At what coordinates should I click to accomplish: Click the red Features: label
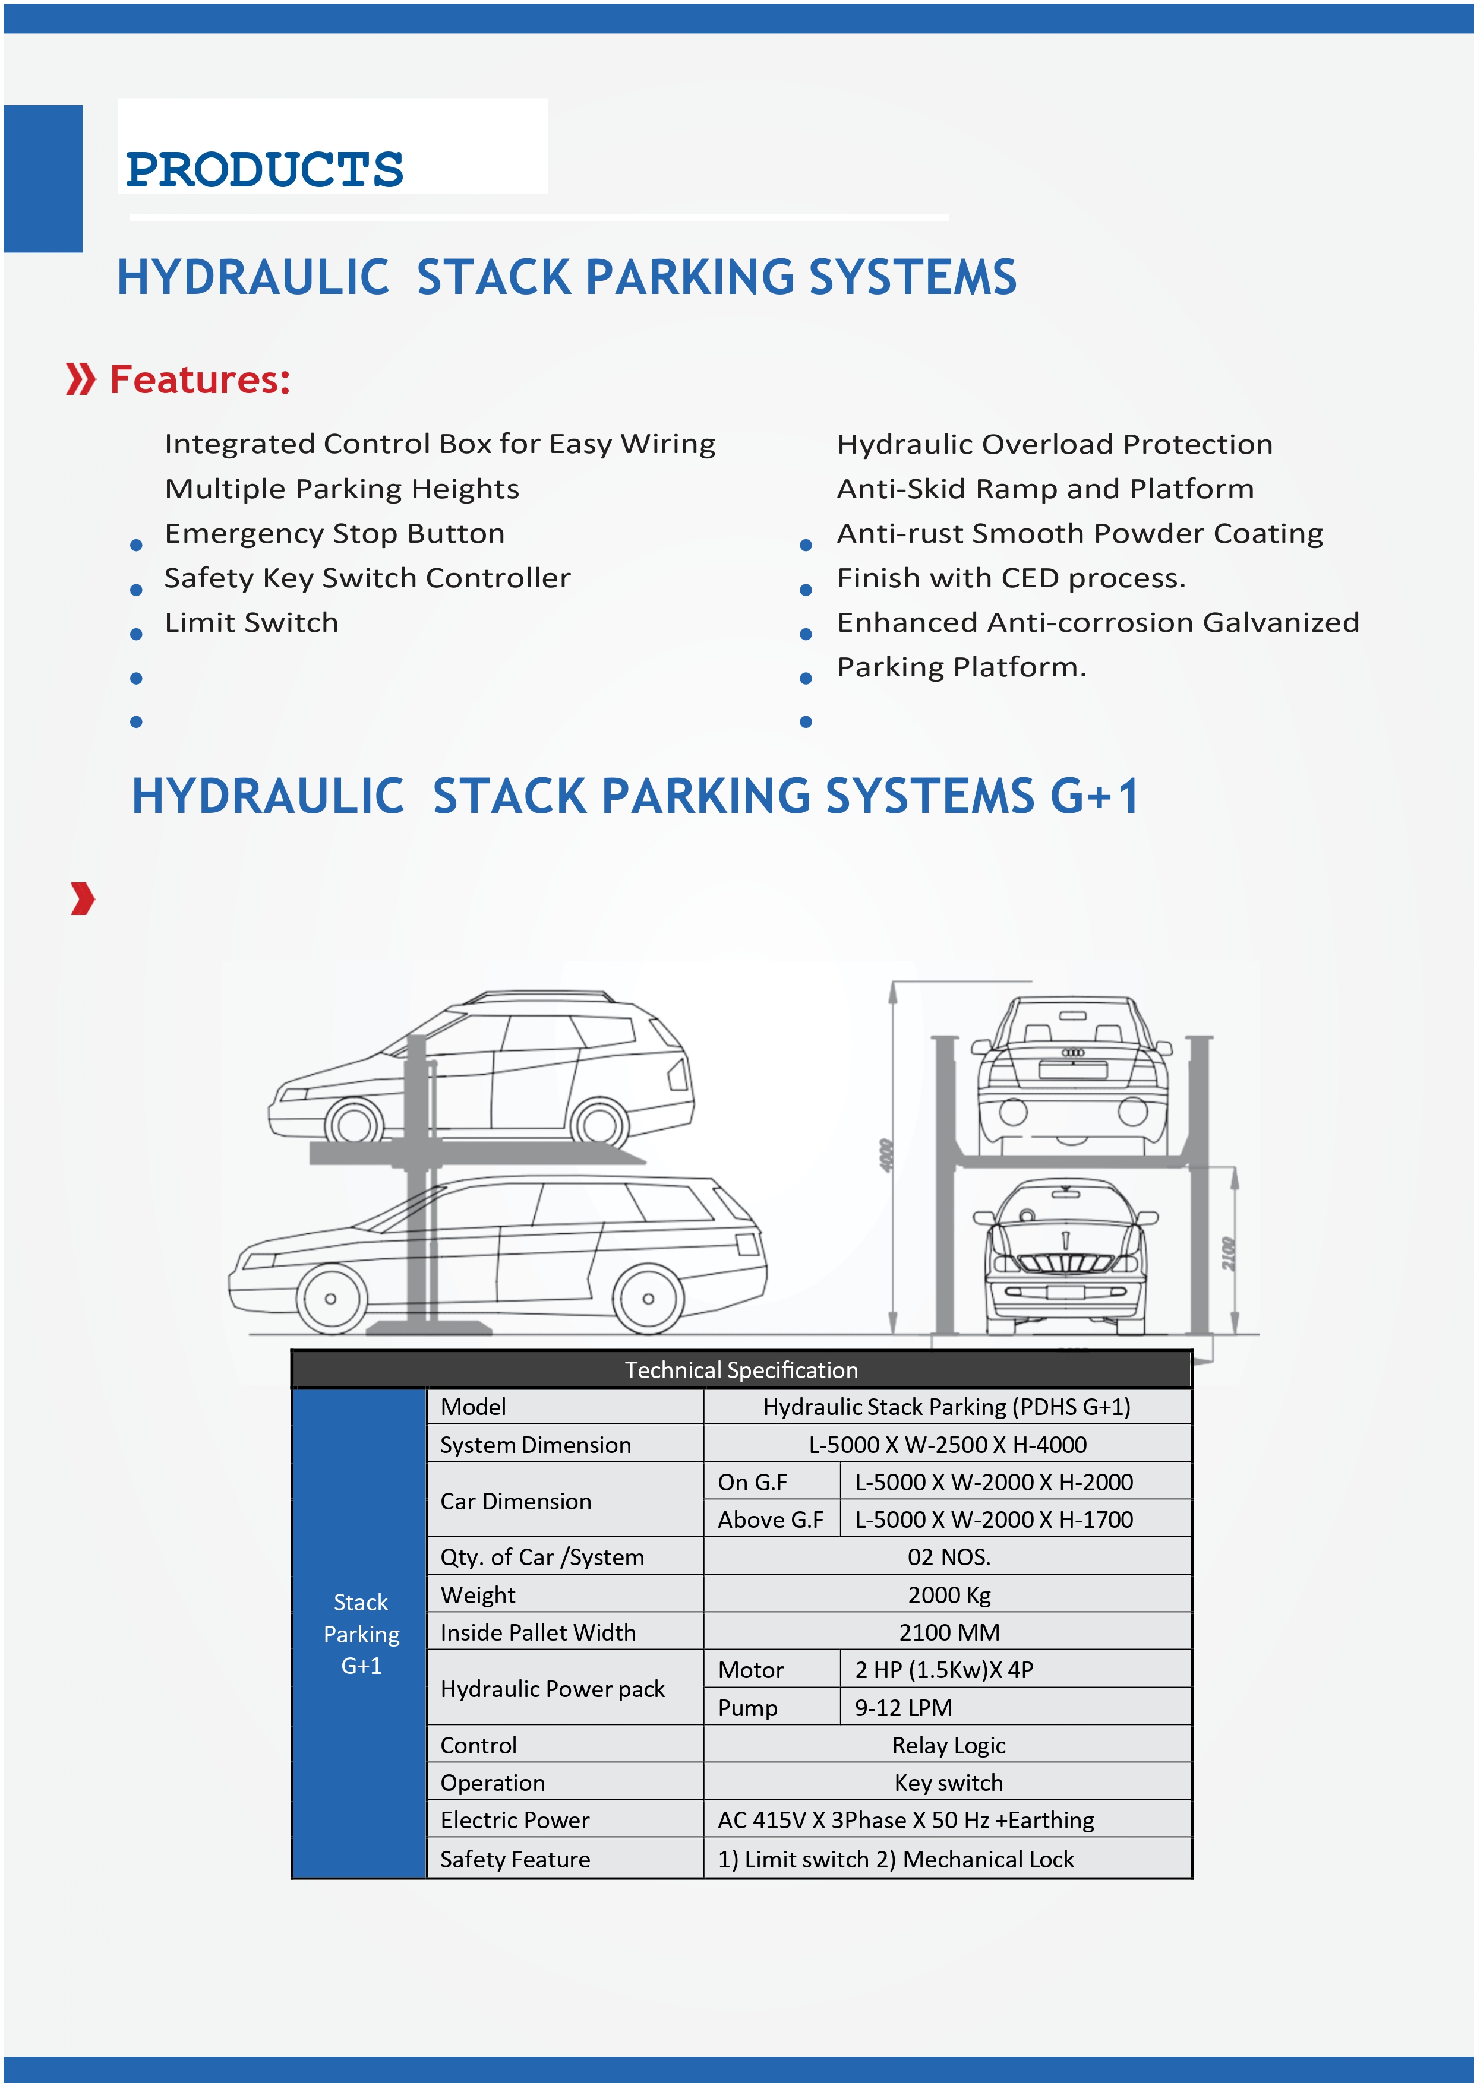pyautogui.click(x=200, y=379)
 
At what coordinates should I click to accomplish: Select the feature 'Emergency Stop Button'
pyautogui.click(x=334, y=533)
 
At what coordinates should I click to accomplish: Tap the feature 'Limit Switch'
pyautogui.click(x=251, y=622)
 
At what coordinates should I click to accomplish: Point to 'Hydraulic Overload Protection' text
pyautogui.click(x=1055, y=445)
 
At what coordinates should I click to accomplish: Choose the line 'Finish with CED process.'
pyautogui.click(x=1011, y=578)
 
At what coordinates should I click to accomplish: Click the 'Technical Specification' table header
pyautogui.click(x=741, y=1370)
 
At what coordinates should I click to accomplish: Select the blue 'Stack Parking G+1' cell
pyautogui.click(x=361, y=1633)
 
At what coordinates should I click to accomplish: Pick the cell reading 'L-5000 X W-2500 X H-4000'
pyautogui.click(x=948, y=1444)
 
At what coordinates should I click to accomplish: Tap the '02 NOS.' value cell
pyautogui.click(x=948, y=1557)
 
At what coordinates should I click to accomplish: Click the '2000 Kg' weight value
pyautogui.click(x=948, y=1595)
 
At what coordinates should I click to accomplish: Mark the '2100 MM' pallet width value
pyautogui.click(x=948, y=1632)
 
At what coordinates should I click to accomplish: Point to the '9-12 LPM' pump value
pyautogui.click(x=903, y=1707)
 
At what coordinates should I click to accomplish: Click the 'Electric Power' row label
pyautogui.click(x=515, y=1820)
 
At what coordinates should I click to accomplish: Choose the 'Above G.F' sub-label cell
pyautogui.click(x=771, y=1519)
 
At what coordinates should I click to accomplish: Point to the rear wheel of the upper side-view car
pyautogui.click(x=599, y=1126)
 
